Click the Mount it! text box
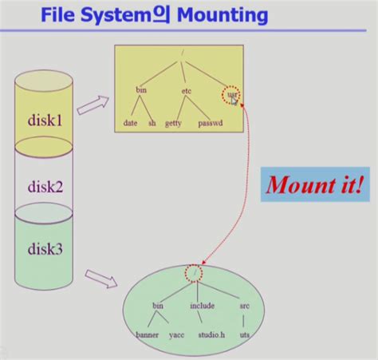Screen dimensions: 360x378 coord(314,184)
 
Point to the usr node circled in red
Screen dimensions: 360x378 coord(232,94)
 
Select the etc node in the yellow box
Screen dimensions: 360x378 coord(187,92)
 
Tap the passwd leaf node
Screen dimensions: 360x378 coord(211,124)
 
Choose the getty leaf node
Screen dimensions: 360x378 coord(173,124)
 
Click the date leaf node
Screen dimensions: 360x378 coord(131,124)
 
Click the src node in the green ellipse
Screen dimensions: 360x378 coord(244,303)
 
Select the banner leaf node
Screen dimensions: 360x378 coord(148,335)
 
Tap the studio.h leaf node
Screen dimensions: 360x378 coord(212,335)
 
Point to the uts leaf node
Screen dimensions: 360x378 coord(245,335)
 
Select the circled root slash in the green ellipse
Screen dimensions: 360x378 coord(194,274)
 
